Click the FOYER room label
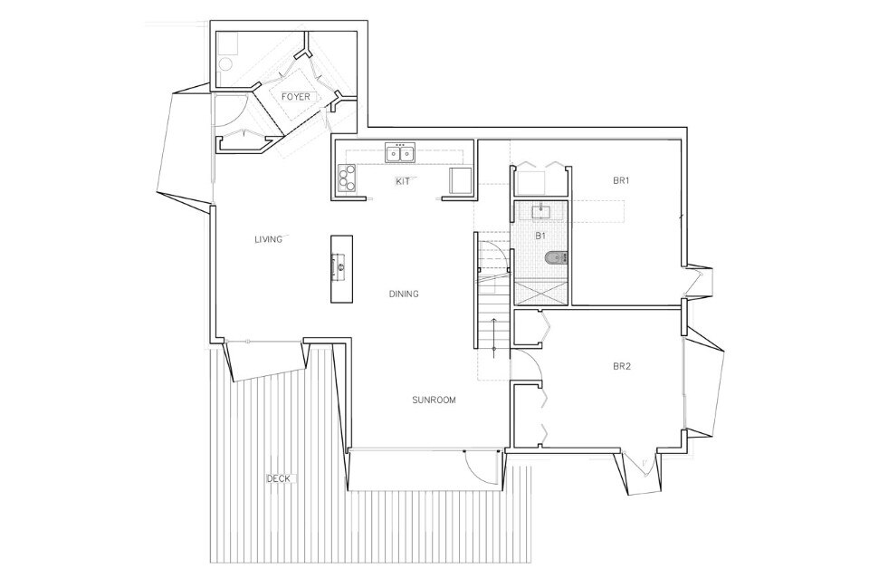coord(295,97)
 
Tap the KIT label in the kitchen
coord(402,181)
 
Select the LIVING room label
coord(268,239)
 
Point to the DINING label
coord(404,294)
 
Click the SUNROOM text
coord(434,400)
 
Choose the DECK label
coord(278,478)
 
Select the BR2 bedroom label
coord(622,367)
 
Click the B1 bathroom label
coord(541,236)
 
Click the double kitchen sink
coord(400,152)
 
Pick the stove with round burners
coord(346,178)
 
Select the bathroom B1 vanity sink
coord(540,211)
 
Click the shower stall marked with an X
coord(541,293)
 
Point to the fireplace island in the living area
coord(342,269)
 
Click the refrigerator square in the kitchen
coord(460,180)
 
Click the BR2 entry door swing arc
coord(532,360)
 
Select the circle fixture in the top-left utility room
coord(225,65)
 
